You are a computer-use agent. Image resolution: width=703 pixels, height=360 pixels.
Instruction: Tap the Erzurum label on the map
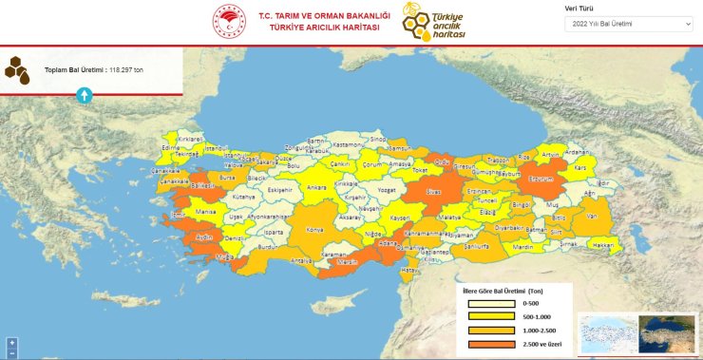click(x=540, y=177)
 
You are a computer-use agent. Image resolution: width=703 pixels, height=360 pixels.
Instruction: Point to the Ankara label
click(x=315, y=188)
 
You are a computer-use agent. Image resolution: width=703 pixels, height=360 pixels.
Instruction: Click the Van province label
click(x=591, y=216)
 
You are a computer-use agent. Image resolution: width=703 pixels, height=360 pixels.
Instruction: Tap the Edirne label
click(x=172, y=149)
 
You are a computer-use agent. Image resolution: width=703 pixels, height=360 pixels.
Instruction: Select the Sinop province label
click(x=378, y=139)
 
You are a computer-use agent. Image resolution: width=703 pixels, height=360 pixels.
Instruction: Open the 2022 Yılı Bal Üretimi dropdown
click(x=629, y=22)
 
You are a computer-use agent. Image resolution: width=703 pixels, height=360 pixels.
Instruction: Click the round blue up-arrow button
click(x=84, y=95)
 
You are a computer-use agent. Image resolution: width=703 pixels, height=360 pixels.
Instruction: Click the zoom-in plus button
click(x=11, y=342)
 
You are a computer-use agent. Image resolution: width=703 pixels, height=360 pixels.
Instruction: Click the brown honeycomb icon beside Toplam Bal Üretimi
click(x=16, y=69)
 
